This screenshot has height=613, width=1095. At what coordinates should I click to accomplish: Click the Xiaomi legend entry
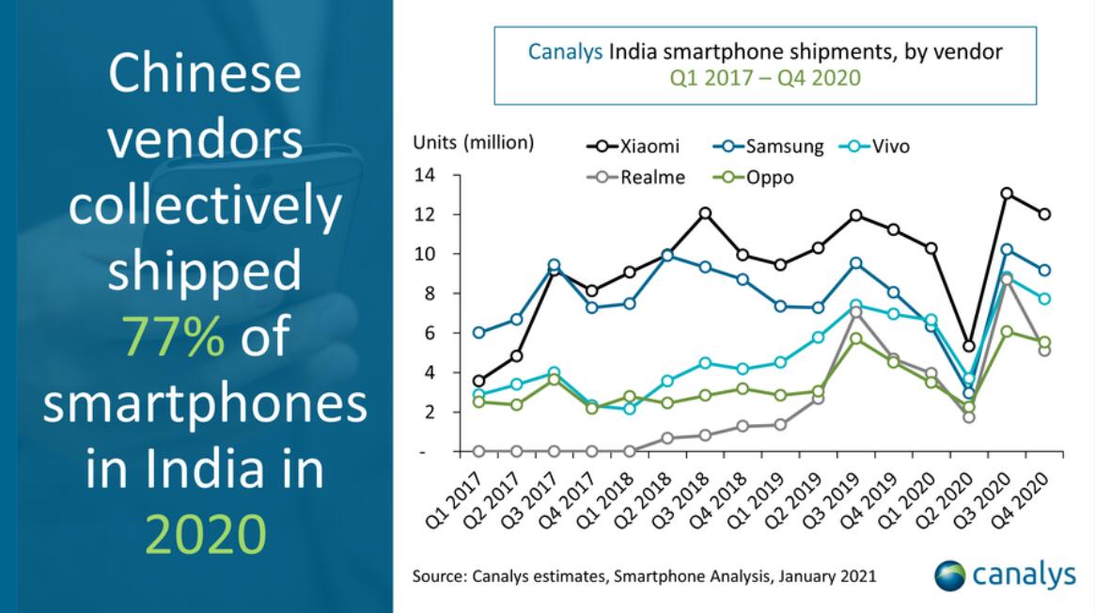632,146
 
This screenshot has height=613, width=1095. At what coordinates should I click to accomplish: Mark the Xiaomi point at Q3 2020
1007,194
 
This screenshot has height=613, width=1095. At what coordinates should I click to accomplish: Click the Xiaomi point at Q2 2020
969,346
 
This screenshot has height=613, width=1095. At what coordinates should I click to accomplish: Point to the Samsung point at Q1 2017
479,333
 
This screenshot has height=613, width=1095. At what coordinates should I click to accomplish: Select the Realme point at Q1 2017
479,451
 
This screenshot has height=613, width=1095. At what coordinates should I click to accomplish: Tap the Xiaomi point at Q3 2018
705,213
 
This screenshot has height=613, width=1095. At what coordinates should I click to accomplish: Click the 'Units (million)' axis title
473,143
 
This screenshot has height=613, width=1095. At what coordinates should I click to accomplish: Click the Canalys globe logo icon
950,574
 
